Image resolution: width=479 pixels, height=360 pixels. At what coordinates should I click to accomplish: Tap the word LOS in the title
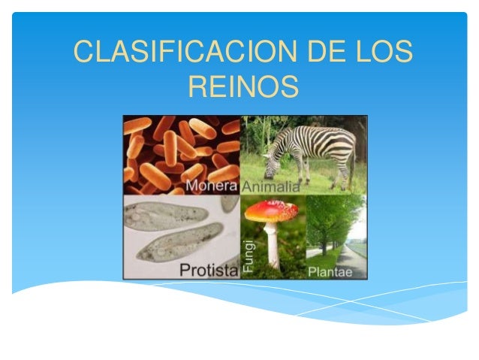[381, 54]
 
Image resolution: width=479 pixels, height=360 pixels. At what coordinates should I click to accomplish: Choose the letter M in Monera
[191, 186]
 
